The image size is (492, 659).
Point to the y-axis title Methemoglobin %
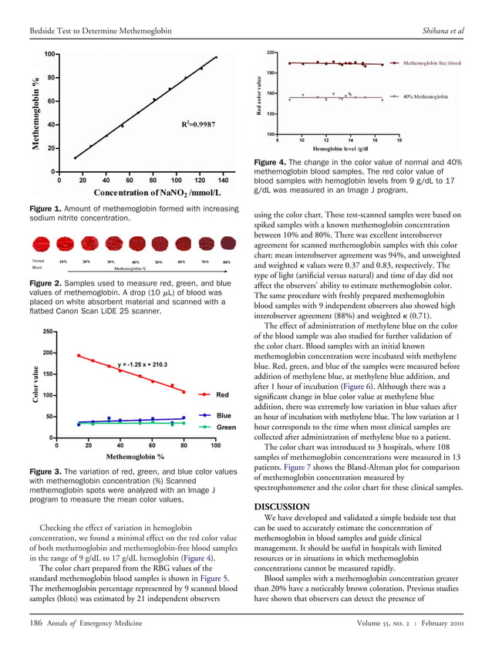tap(35, 113)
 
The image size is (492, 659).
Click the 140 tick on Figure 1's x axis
tap(224, 179)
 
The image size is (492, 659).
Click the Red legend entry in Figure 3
tap(223, 394)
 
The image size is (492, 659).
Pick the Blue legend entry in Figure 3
tap(224, 415)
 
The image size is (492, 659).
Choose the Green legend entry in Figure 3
tap(225, 427)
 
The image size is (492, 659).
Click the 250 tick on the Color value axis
tap(46, 332)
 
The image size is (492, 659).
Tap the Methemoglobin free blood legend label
tap(432, 63)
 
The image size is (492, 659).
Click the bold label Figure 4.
tap(271, 161)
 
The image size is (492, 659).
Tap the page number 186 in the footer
tap(35, 643)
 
